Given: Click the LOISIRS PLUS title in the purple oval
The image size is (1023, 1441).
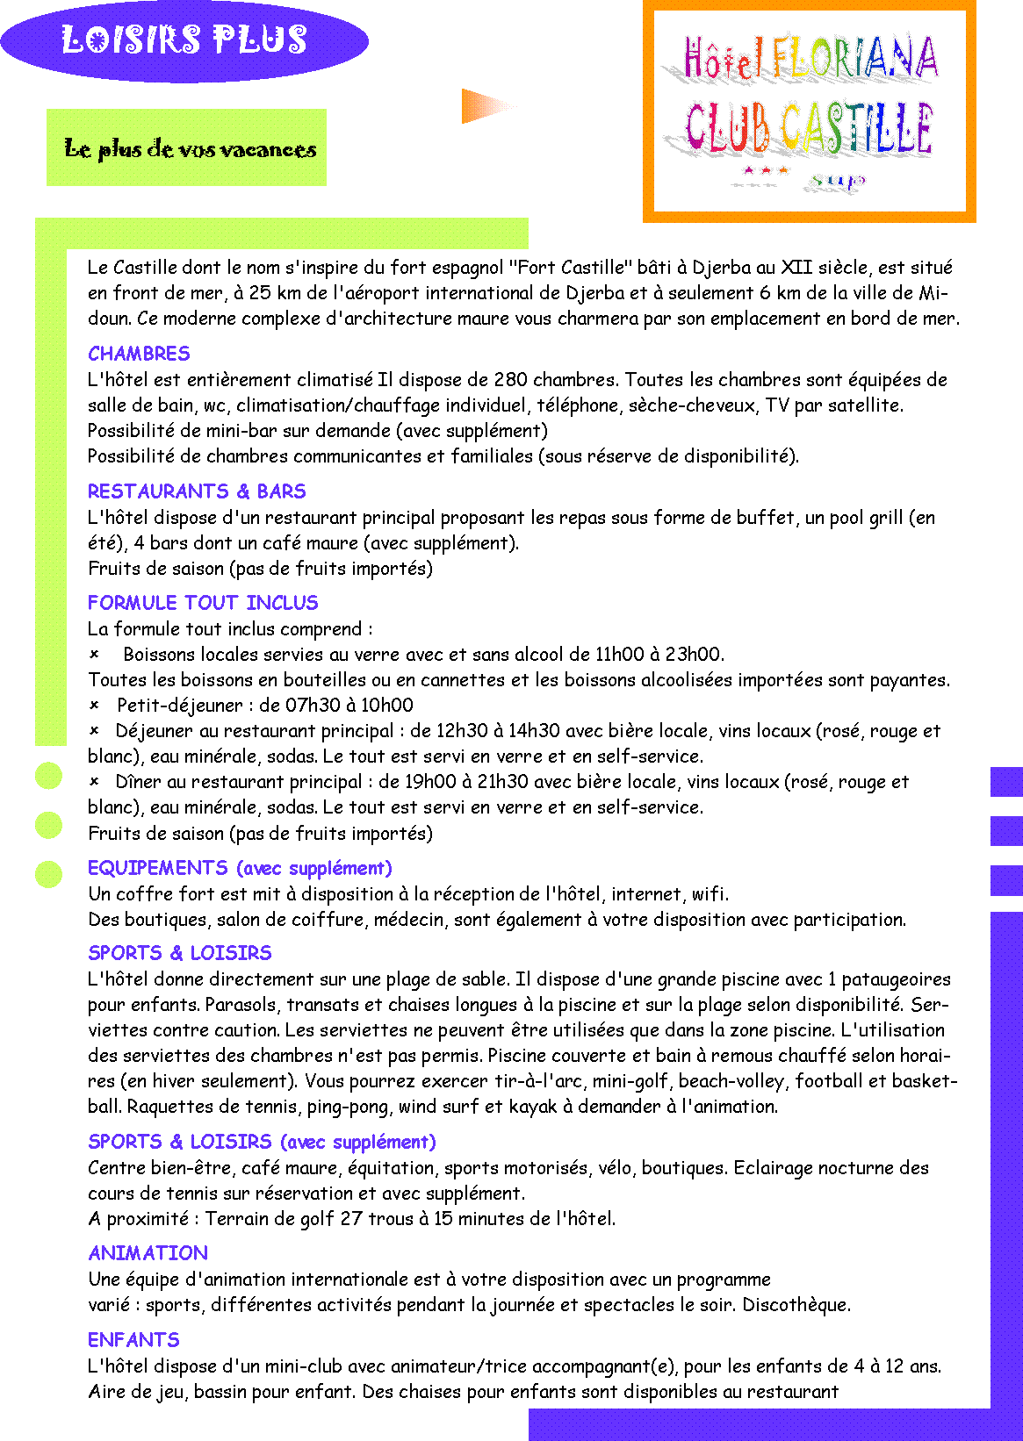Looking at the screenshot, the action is click(x=184, y=39).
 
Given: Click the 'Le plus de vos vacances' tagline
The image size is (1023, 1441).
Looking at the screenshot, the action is click(x=191, y=149).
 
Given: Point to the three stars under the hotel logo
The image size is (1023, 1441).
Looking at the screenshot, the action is click(x=766, y=171).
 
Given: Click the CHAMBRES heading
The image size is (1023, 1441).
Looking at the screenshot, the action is click(x=139, y=353).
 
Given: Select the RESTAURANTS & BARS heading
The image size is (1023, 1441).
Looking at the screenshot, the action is click(x=197, y=491).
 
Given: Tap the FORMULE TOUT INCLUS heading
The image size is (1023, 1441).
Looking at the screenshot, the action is click(x=203, y=602).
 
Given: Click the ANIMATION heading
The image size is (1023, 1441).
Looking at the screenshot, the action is click(x=148, y=1252).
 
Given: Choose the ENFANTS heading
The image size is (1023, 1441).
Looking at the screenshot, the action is click(x=133, y=1339).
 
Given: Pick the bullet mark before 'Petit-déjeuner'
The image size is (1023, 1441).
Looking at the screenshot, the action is click(x=94, y=705).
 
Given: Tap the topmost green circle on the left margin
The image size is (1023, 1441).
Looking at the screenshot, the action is click(x=48, y=775).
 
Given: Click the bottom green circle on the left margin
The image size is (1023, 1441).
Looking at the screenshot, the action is click(x=48, y=874).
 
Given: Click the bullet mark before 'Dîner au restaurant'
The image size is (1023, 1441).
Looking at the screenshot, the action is click(x=94, y=782).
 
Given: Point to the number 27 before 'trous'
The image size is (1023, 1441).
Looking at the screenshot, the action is click(x=351, y=1218).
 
